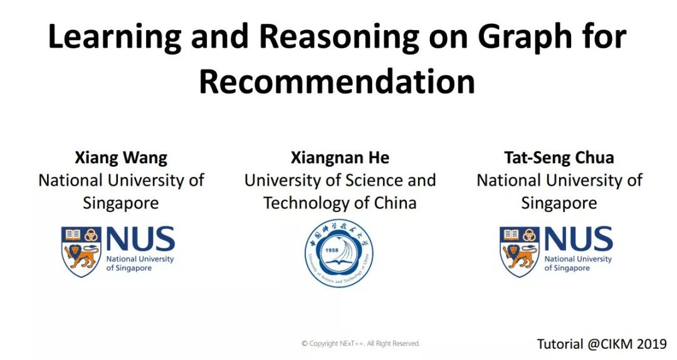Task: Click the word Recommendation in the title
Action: (337, 82)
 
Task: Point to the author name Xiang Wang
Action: (121, 158)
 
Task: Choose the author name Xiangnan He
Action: (340, 158)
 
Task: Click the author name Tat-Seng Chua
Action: (559, 158)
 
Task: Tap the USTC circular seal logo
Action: (338, 253)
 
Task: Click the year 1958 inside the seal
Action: (332, 250)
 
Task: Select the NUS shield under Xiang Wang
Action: (81, 251)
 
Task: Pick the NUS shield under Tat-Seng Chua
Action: (520, 251)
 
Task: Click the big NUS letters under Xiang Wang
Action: (140, 239)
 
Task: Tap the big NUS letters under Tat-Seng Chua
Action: (579, 239)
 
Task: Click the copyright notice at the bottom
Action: (360, 344)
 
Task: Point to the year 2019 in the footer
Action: (651, 344)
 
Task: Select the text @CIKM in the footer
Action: (610, 344)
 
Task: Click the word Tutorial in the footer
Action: (560, 344)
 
